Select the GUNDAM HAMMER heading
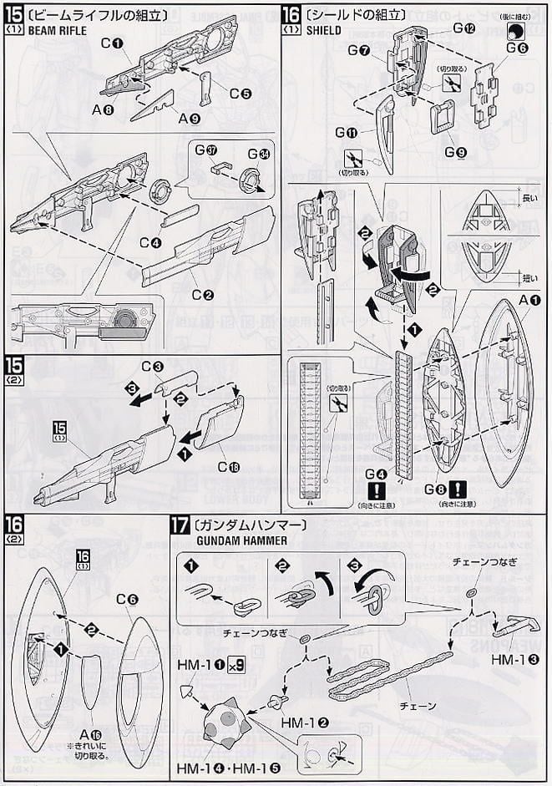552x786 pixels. pos(235,540)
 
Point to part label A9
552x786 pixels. pos(188,118)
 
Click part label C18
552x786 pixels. pos(226,467)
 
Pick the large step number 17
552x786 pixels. pos(178,527)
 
